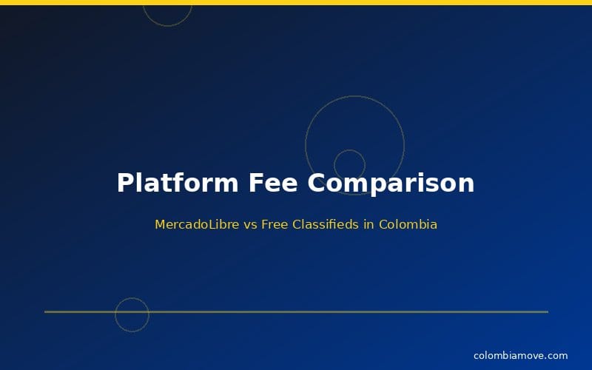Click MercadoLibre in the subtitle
(x=197, y=224)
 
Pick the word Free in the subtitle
(x=274, y=224)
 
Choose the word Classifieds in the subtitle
(x=326, y=224)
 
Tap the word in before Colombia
(x=369, y=224)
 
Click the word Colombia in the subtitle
(x=408, y=224)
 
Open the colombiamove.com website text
(x=520, y=356)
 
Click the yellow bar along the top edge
(x=296, y=2)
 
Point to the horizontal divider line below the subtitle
(x=333, y=312)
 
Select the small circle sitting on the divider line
(x=132, y=314)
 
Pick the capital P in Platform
(x=125, y=183)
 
